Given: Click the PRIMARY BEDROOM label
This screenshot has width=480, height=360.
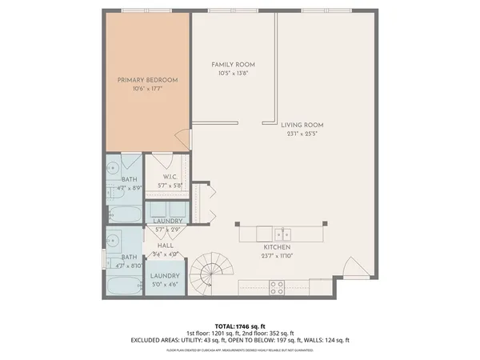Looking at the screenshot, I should pos(147,80).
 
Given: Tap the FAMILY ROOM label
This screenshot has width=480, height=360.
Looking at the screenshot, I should pos(234,64).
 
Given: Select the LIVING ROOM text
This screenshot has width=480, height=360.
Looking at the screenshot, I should pos(302,125).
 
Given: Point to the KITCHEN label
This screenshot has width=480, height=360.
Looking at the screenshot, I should pos(276,247).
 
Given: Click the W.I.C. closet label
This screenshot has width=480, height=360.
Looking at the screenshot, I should pos(170,176).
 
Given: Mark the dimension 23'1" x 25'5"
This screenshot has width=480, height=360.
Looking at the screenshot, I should pos(302,134).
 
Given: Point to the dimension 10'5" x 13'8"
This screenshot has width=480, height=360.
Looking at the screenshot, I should pos(234,74).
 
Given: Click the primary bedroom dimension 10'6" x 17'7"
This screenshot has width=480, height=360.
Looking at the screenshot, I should pos(147,90).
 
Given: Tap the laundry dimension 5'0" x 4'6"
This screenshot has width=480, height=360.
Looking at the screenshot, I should pos(165,285).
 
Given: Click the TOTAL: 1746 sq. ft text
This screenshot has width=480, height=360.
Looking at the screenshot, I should pos(240,326).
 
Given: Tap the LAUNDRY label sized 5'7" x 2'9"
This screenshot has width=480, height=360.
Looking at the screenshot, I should pos(169,221).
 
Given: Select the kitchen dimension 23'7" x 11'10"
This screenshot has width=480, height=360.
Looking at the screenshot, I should pos(276,257).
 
